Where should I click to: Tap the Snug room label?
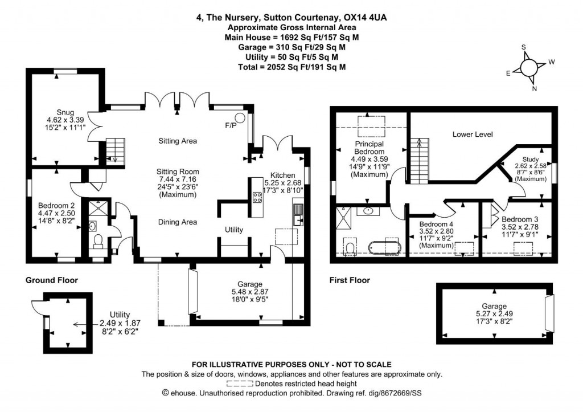tap(65, 112)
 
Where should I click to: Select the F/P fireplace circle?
tap(240, 119)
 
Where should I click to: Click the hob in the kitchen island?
tap(256, 197)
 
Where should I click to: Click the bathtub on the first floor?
tap(386, 247)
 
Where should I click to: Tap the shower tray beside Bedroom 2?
tap(94, 207)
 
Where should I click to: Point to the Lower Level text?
tap(472, 134)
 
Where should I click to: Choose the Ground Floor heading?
tap(52, 280)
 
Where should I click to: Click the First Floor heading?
tap(350, 280)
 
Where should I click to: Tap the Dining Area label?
tap(176, 223)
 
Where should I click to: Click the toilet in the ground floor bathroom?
tap(97, 242)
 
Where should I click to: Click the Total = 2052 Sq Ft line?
tap(291, 67)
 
